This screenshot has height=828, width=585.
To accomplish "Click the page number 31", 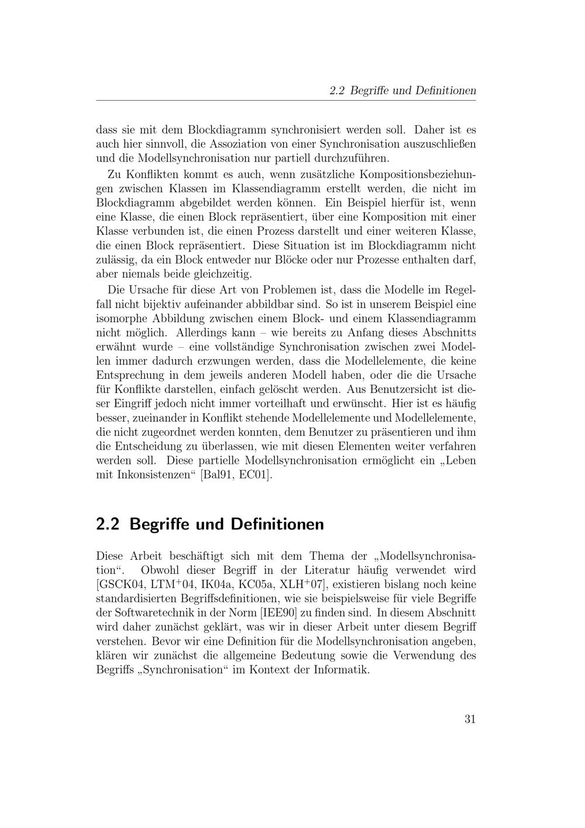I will click(x=470, y=719).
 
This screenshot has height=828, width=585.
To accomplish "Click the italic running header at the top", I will click(x=402, y=91).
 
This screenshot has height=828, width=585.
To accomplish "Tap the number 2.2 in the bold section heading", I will click(x=108, y=524).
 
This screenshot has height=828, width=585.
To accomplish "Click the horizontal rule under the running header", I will click(x=286, y=101).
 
